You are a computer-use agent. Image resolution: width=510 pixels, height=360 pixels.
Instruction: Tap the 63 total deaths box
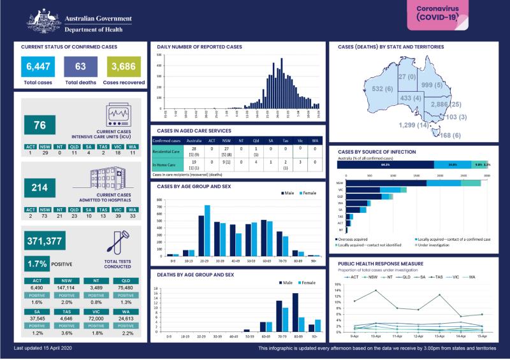pyautogui.click(x=80, y=66)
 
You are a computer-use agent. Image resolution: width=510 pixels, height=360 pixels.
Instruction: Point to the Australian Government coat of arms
pyautogui.click(x=42, y=20)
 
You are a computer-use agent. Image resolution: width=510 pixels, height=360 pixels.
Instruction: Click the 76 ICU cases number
pyautogui.click(x=40, y=126)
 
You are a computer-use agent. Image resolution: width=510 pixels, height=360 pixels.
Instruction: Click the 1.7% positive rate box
pyautogui.click(x=38, y=263)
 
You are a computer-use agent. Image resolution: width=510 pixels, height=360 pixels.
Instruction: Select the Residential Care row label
pyautogui.click(x=166, y=151)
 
